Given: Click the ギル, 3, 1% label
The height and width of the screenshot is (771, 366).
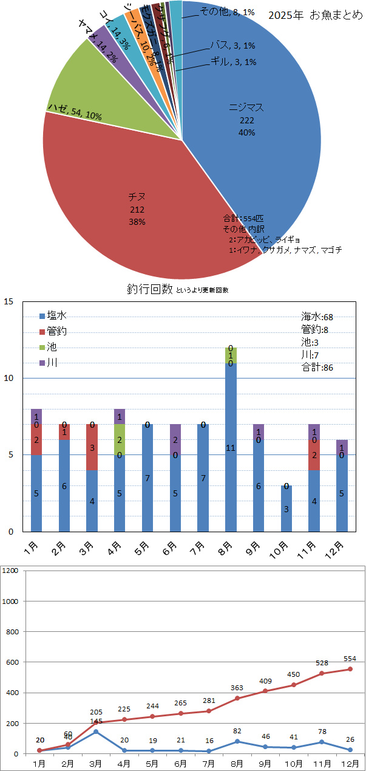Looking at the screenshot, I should click(233, 61).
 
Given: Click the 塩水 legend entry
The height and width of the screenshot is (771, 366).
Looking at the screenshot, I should click(53, 315).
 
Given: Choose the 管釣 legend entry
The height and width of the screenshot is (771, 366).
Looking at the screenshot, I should click(53, 331).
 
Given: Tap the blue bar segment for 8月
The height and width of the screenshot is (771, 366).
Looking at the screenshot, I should click(231, 447).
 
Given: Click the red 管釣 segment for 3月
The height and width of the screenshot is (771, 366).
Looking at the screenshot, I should click(92, 447).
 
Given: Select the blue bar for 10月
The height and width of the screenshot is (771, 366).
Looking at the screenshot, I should click(286, 509).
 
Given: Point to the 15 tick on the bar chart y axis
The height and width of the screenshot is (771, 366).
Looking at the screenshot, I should click(10, 301).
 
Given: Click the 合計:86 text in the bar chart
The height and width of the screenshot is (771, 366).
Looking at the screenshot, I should click(317, 367).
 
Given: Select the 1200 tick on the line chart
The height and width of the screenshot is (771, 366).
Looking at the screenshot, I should click(12, 571).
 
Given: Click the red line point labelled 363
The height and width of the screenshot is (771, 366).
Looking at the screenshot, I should click(237, 698).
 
